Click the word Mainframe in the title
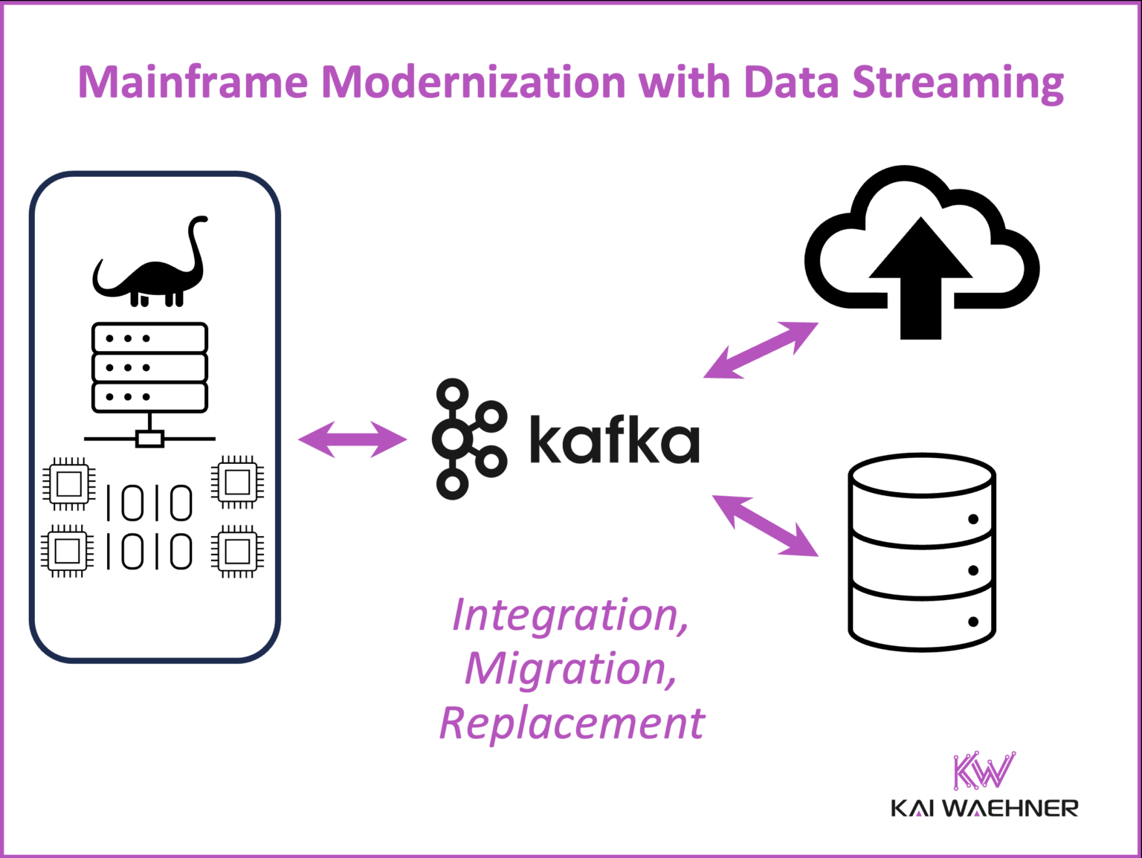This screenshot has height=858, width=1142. (193, 82)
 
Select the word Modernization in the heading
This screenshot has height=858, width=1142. (473, 82)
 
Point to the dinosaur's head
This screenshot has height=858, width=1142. (199, 221)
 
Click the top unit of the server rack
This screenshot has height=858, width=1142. (149, 338)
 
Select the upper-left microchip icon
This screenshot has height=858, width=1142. (68, 484)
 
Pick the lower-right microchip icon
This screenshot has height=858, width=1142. (237, 551)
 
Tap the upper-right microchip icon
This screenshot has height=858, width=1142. (237, 483)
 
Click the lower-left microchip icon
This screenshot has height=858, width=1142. (68, 551)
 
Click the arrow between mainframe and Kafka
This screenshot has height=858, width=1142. (352, 439)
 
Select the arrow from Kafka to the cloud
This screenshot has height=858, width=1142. (761, 349)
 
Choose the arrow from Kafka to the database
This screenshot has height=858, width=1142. (765, 526)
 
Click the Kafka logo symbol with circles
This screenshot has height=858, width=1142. (468, 439)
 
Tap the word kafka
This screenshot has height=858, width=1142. (614, 439)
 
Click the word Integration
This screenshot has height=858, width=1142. (570, 616)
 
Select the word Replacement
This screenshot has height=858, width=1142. (571, 723)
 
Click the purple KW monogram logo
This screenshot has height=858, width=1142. (984, 770)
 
